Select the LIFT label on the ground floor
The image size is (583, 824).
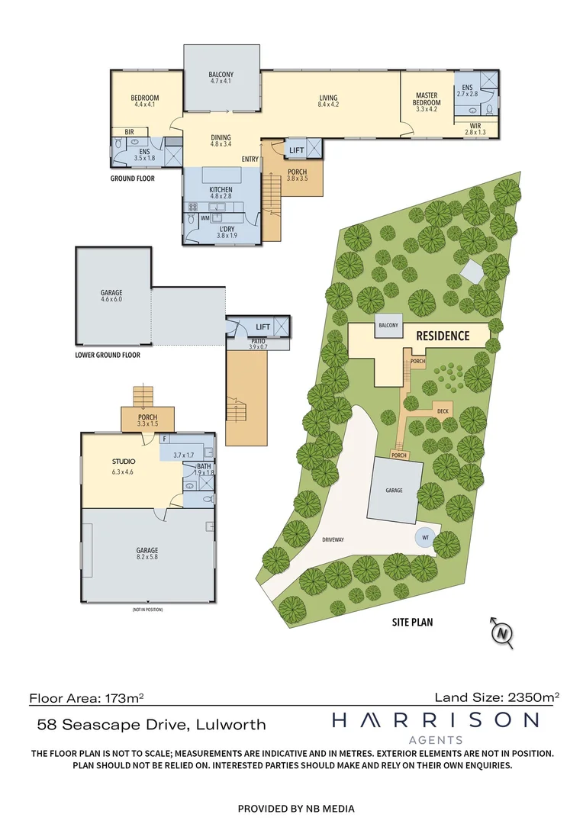coord(296,150)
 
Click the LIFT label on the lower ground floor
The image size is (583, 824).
coord(263,326)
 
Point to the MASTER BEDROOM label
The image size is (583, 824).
coord(427,99)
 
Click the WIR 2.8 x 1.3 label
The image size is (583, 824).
coord(475,128)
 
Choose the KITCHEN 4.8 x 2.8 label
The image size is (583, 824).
coord(221,192)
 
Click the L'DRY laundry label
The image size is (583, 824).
coord(226,230)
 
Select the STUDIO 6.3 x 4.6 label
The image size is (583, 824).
coord(123,465)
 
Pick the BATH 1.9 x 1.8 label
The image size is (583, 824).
coord(203,469)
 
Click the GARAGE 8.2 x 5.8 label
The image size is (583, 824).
coord(148,554)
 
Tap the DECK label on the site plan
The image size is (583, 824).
coord(443,411)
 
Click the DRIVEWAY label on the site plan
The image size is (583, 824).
coord(333,539)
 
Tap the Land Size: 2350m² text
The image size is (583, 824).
coord(497,697)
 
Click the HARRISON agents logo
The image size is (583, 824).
coord(435,726)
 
